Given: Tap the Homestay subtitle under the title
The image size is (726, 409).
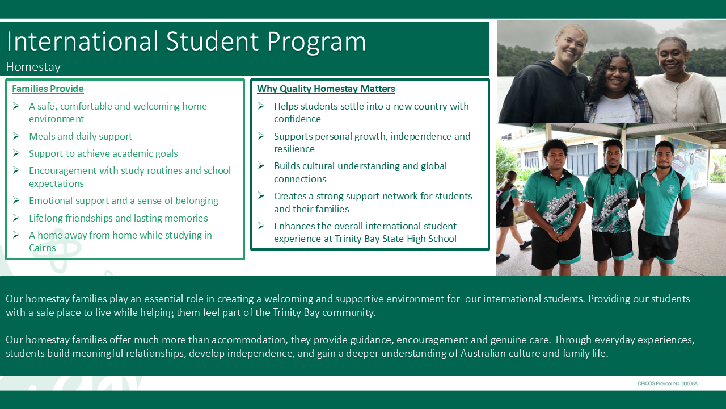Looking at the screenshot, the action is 33,67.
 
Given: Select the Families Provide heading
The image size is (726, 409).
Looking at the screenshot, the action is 48,89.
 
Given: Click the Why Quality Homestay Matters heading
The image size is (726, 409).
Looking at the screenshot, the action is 326,89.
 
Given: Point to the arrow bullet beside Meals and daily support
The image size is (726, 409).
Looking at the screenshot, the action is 16,136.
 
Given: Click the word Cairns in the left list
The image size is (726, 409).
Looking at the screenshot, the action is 43,248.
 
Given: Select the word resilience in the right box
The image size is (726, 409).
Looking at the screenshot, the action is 294,149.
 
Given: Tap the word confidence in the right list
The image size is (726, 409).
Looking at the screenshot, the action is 297,119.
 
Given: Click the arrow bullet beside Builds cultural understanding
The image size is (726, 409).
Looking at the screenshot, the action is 261,166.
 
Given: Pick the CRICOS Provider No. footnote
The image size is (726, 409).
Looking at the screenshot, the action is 668,383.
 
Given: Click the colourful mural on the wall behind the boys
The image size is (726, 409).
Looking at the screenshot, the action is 689,159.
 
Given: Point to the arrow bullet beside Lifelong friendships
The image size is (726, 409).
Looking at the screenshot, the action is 16,218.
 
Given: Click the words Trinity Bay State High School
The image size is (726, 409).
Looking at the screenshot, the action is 395,239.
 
